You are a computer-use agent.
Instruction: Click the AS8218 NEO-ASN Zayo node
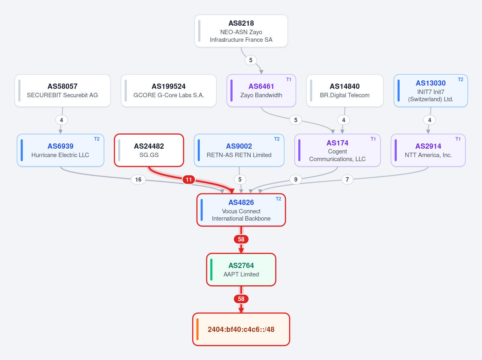241,31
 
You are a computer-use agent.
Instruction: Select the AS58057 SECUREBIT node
62,91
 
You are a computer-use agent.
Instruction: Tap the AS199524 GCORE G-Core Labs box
168,91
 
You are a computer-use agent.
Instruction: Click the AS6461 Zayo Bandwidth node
261,91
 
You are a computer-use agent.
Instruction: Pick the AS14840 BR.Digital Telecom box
345,91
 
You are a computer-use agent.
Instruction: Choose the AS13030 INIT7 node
431,91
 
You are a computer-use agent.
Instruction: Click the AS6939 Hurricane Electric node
60,150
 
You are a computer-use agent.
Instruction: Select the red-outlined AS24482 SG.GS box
149,150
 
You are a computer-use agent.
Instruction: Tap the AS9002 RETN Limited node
239,150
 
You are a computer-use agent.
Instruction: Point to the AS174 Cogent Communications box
338,150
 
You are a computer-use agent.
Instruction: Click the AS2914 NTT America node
428,150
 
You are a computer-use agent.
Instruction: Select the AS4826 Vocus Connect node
241,210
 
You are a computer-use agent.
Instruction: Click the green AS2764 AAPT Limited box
241,270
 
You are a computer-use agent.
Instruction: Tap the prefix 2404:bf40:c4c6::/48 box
241,329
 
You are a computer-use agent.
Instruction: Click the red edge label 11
189,179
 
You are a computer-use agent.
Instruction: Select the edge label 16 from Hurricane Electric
138,179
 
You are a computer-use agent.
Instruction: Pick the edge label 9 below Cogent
296,179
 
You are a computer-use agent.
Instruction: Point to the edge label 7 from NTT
347,179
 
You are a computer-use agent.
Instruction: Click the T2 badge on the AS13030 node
460,80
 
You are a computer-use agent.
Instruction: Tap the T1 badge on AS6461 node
289,80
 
